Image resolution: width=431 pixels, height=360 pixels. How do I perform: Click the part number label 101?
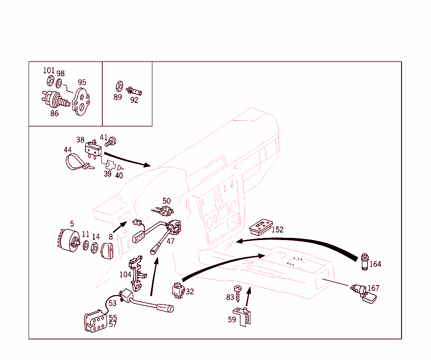click(x=49, y=70)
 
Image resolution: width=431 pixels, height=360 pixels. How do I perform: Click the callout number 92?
click(x=134, y=100)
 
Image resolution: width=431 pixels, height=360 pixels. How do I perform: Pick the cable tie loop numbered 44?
click(x=76, y=163)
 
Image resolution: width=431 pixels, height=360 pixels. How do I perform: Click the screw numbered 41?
click(x=112, y=141)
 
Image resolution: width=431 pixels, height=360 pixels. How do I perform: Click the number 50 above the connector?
click(x=167, y=201)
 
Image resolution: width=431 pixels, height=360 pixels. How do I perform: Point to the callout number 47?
click(x=170, y=242)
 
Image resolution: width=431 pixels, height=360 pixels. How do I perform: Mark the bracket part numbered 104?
click(x=137, y=274)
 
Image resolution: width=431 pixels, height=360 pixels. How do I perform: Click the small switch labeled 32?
click(x=177, y=291)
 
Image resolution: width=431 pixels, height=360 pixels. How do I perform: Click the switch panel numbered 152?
click(x=261, y=227)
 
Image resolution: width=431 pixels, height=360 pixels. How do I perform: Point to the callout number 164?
click(x=375, y=264)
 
